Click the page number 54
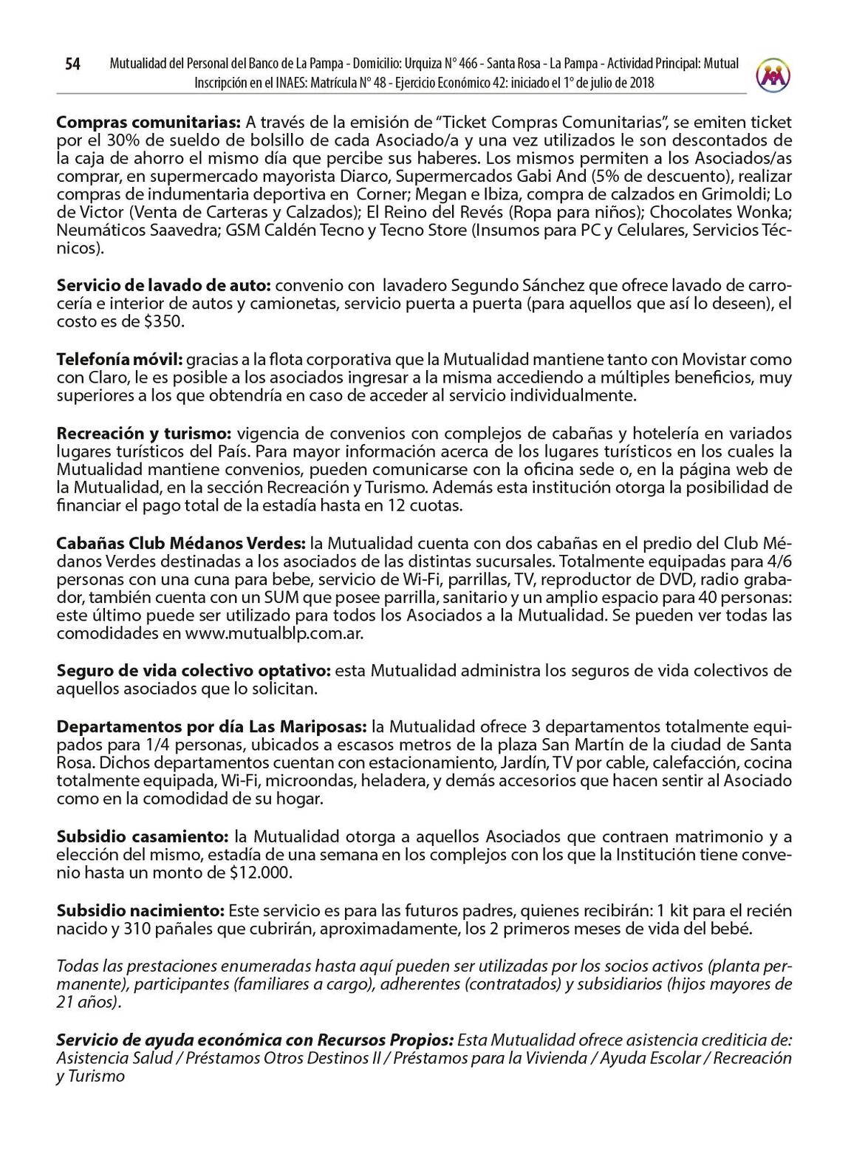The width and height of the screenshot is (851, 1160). click(x=72, y=65)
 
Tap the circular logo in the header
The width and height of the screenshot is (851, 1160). click(x=773, y=75)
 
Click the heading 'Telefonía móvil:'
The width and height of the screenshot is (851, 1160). click(x=120, y=360)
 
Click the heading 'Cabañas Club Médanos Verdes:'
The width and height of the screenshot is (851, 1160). click(x=181, y=543)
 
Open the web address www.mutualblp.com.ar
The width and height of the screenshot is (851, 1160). click(x=274, y=634)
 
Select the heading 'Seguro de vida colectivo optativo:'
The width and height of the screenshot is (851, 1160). click(x=194, y=671)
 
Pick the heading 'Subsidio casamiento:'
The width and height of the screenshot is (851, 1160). click(x=143, y=836)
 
